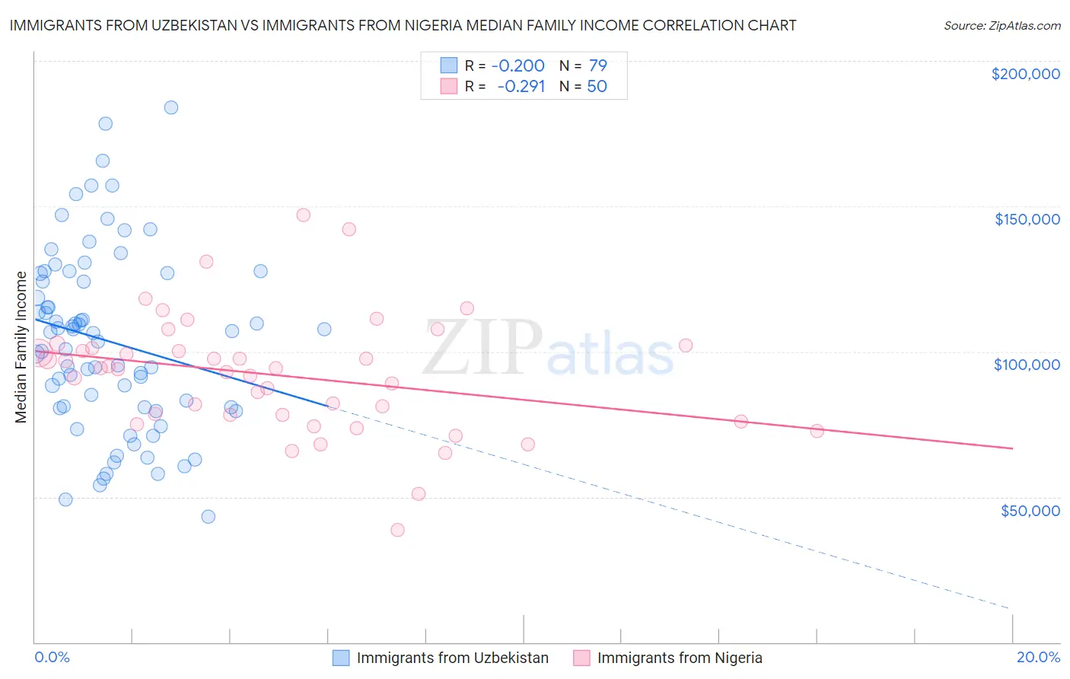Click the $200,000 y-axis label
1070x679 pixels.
click(1025, 74)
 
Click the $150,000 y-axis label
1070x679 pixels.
click(1027, 219)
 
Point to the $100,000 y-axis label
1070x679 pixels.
click(1027, 365)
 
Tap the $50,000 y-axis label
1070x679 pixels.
click(1030, 510)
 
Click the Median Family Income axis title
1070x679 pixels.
click(21, 346)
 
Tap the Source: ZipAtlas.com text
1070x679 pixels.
click(1002, 25)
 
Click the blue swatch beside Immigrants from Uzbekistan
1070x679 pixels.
click(341, 658)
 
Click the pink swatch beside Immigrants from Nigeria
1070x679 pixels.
click(581, 658)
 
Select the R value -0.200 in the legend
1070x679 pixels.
click(517, 65)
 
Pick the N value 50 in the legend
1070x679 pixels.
click(597, 86)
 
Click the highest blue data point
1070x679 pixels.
click(171, 107)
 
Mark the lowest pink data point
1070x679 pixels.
click(397, 530)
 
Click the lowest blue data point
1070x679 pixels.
click(208, 516)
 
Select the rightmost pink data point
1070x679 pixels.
click(817, 431)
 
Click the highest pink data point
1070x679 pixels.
click(303, 215)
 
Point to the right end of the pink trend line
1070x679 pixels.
click(1012, 448)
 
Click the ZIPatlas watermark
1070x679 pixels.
click(548, 349)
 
